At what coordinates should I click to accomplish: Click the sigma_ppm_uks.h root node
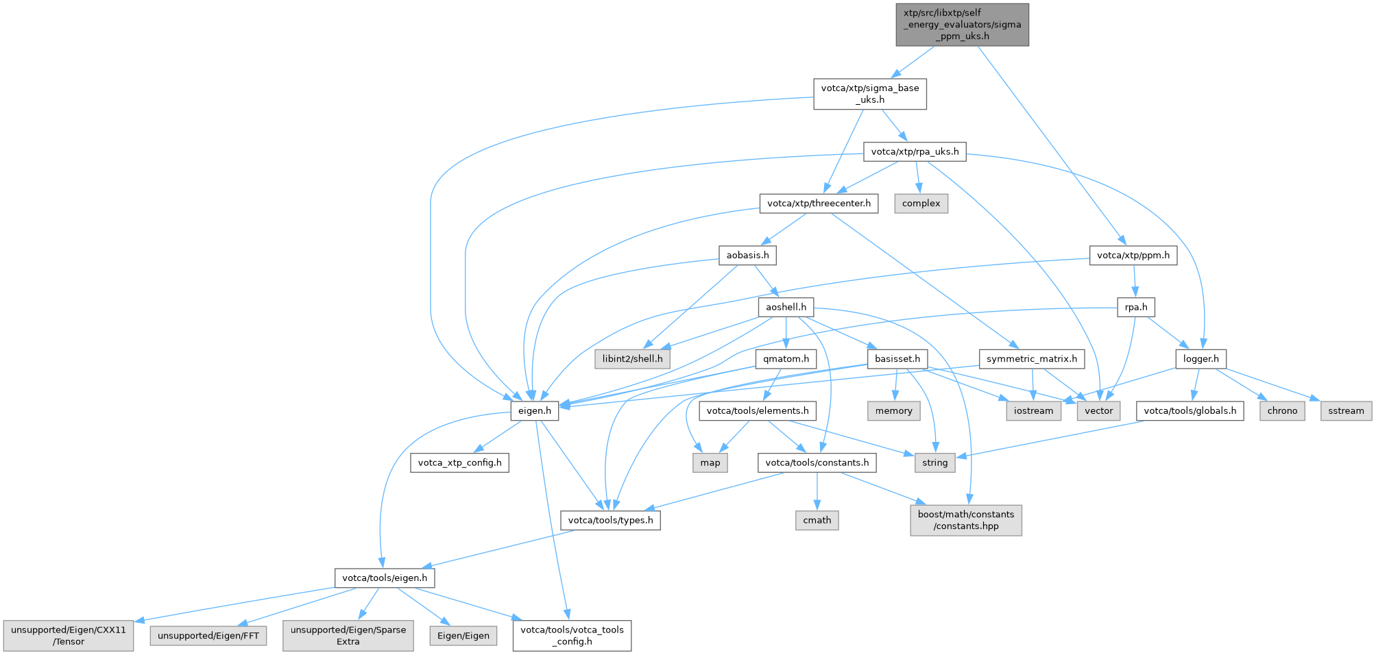(962, 25)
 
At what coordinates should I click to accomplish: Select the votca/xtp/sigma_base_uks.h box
(869, 94)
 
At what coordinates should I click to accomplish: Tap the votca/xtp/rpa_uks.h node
(915, 151)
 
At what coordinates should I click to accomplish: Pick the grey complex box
(921, 203)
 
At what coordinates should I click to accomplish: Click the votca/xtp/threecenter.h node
(819, 203)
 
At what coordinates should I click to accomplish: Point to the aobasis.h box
(747, 256)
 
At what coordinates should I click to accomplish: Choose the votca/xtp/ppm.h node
(1133, 256)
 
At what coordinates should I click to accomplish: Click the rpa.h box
(1135, 307)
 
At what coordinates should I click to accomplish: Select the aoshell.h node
(786, 307)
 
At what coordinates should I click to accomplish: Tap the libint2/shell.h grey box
(632, 359)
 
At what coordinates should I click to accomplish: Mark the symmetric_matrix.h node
(1031, 359)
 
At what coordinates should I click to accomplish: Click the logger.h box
(1200, 359)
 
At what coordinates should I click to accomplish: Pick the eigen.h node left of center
(534, 411)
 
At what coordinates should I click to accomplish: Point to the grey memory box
(893, 411)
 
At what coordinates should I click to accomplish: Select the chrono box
(1281, 411)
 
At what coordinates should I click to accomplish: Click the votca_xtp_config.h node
(459, 463)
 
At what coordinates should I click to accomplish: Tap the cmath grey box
(817, 521)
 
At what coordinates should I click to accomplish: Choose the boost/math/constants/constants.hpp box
(965, 520)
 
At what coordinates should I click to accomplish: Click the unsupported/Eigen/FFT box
(208, 636)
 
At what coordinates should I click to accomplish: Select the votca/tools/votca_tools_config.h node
(572, 635)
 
